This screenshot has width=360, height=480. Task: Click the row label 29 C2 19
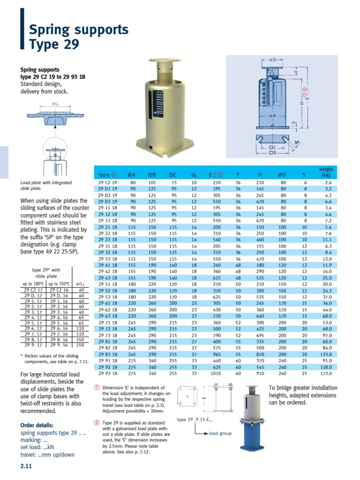[108, 182]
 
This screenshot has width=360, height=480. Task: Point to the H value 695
[260, 335]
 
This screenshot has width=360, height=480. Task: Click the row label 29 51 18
[108, 284]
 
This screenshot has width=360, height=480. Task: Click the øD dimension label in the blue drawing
[273, 60]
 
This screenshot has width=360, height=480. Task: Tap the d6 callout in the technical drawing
[297, 142]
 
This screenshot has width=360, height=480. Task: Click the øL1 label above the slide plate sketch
[56, 103]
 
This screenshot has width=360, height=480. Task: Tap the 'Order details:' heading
[37, 425]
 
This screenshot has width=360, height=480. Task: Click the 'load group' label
[220, 434]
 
